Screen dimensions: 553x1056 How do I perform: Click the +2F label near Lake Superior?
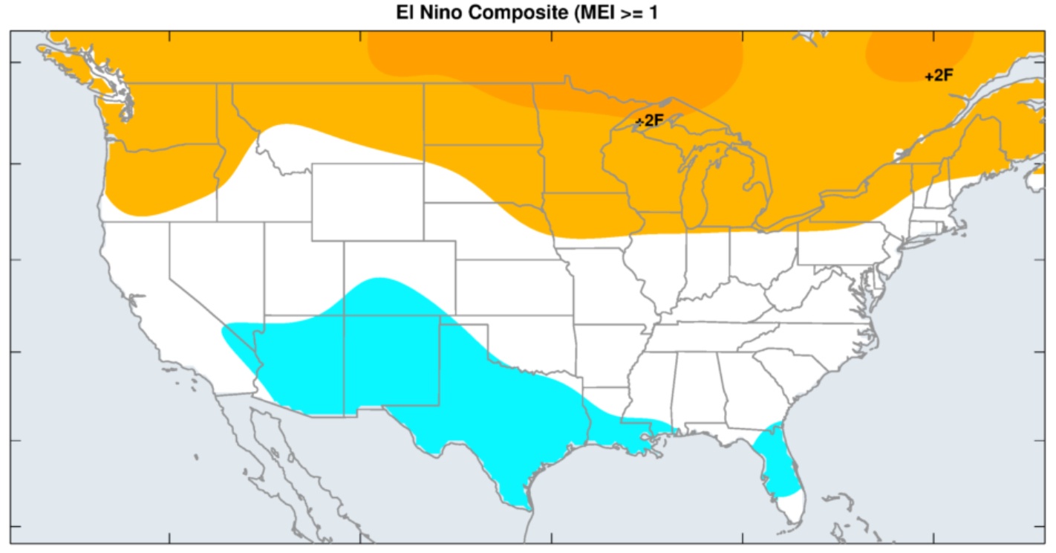(649, 120)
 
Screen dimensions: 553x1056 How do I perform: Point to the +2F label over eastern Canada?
(939, 75)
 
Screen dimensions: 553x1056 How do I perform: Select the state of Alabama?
(698, 387)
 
